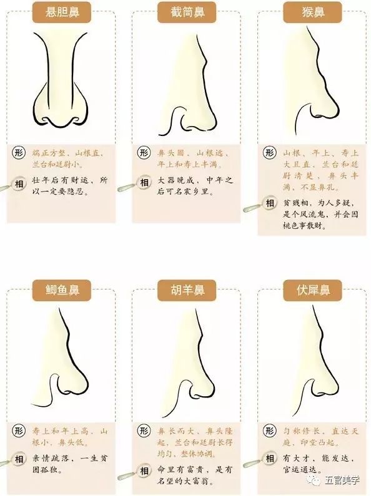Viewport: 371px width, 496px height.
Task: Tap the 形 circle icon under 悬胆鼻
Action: (x=19, y=152)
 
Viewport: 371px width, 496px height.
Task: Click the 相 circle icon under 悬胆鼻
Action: (x=19, y=182)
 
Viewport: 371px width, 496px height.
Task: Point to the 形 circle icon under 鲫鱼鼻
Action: (x=19, y=432)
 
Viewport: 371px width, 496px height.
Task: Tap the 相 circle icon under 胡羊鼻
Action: (x=144, y=469)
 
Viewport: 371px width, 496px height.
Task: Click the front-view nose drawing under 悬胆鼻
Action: (x=61, y=75)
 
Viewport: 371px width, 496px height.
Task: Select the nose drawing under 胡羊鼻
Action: (x=186, y=362)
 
